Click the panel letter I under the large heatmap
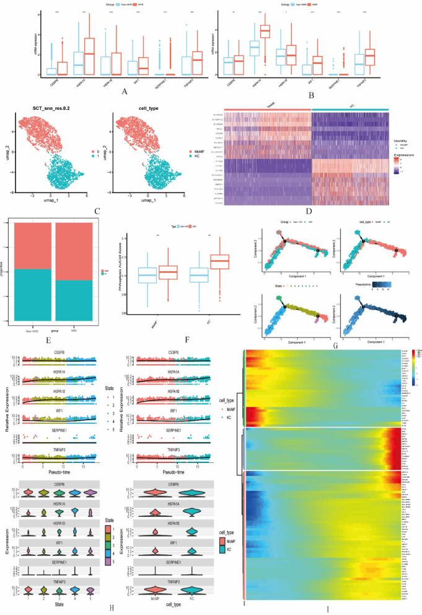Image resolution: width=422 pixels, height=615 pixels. pyautogui.click(x=327, y=609)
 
